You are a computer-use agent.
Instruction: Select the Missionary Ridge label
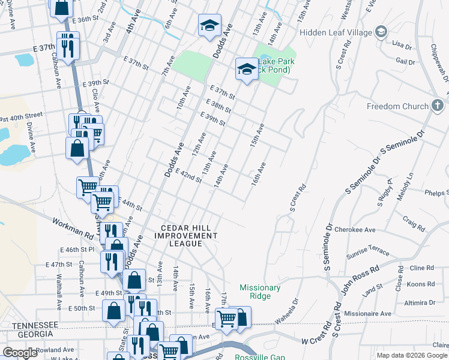tap(260, 292)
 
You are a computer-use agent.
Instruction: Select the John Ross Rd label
tap(361, 279)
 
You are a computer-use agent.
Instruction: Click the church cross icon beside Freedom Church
tap(439, 106)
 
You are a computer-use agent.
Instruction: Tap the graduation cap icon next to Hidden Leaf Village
tap(381, 31)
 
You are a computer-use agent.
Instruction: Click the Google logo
tap(20, 353)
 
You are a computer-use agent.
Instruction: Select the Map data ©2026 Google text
tap(412, 355)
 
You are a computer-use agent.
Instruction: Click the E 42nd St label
tap(188, 176)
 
